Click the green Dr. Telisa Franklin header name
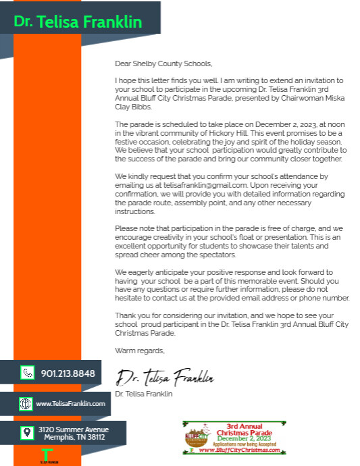pyautogui.click(x=78, y=22)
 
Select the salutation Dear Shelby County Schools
pyautogui.click(x=163, y=64)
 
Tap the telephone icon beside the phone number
pyautogui.click(x=27, y=372)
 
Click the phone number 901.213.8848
pyautogui.click(x=68, y=373)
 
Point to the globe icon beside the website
pyautogui.click(x=26, y=404)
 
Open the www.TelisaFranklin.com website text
pyautogui.click(x=70, y=404)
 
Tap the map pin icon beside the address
pyautogui.click(x=26, y=433)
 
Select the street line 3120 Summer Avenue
pyautogui.click(x=73, y=430)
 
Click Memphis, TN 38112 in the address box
pyautogui.click(x=74, y=438)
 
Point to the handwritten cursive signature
pyautogui.click(x=165, y=377)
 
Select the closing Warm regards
pyautogui.click(x=139, y=351)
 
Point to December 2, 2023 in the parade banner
pyautogui.click(x=240, y=438)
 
